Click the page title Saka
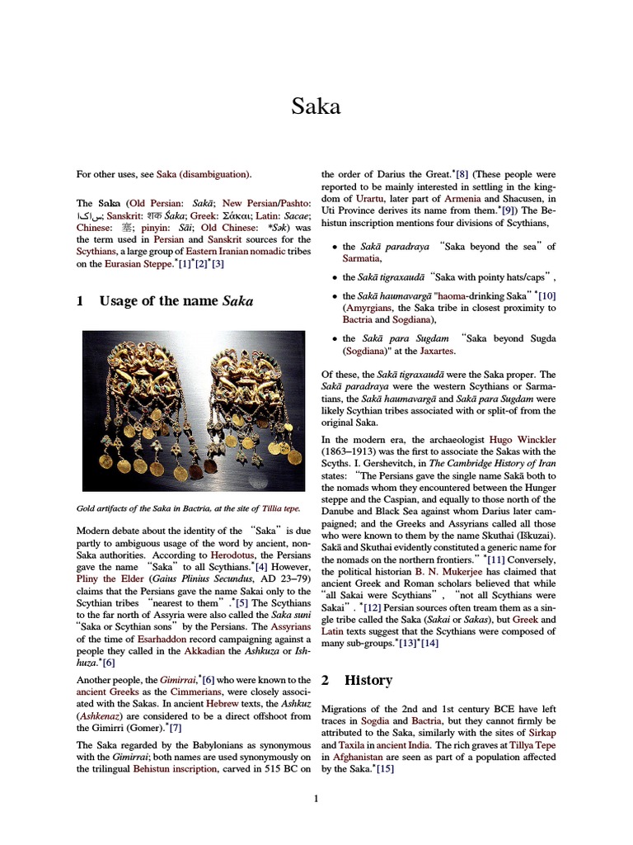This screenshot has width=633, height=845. point(316,106)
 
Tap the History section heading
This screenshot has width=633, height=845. point(368,680)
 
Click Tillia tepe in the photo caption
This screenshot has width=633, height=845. point(283,508)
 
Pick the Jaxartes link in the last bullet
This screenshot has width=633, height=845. point(452,351)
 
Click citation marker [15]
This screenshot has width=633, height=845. point(384,769)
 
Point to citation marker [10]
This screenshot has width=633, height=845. point(546,295)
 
